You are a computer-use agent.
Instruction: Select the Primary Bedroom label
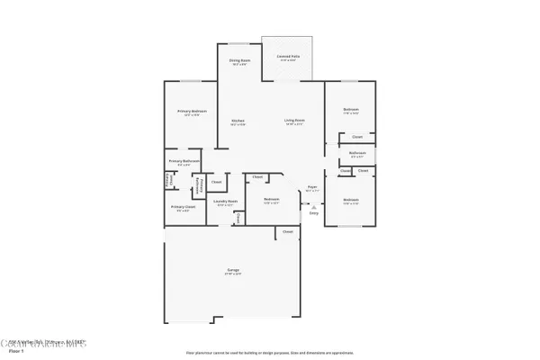[192, 112]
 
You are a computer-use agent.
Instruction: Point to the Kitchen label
[238, 121]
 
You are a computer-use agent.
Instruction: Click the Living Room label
[294, 121]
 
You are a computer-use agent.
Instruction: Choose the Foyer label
[312, 187]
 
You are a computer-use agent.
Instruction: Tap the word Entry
[313, 213]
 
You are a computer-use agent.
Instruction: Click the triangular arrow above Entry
[313, 206]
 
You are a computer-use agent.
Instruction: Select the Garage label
[232, 270]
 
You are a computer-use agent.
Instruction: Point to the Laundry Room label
[225, 202]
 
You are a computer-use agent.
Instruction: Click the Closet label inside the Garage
[288, 232]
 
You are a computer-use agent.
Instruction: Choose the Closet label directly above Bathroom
[357, 137]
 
